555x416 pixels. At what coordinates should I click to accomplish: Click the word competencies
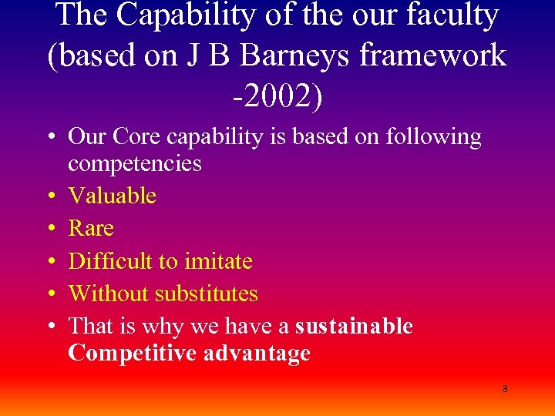point(135,163)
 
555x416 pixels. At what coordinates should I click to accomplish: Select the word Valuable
point(113,196)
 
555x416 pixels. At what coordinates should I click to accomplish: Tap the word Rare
point(91,228)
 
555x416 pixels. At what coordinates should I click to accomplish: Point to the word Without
point(108,294)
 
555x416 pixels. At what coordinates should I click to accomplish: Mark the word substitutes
point(207,294)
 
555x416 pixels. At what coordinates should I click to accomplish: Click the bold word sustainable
point(354,327)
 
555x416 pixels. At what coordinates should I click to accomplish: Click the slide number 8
point(505,389)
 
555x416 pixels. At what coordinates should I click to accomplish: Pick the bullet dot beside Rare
point(49,229)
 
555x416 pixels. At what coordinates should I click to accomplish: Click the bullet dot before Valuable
point(49,196)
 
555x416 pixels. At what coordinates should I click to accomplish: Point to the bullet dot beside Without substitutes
point(49,294)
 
